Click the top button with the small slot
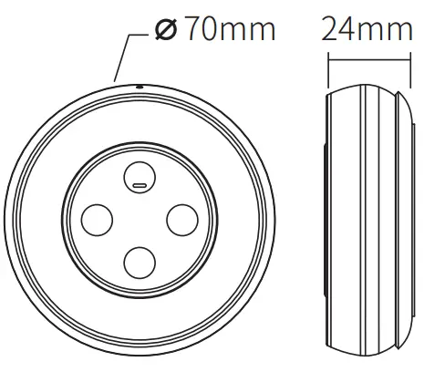(x=140, y=175)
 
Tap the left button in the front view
(x=97, y=219)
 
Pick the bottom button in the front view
(x=140, y=262)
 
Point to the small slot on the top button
(x=140, y=184)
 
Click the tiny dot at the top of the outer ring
(x=139, y=88)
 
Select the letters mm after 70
(x=249, y=31)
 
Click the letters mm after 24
(x=387, y=31)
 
